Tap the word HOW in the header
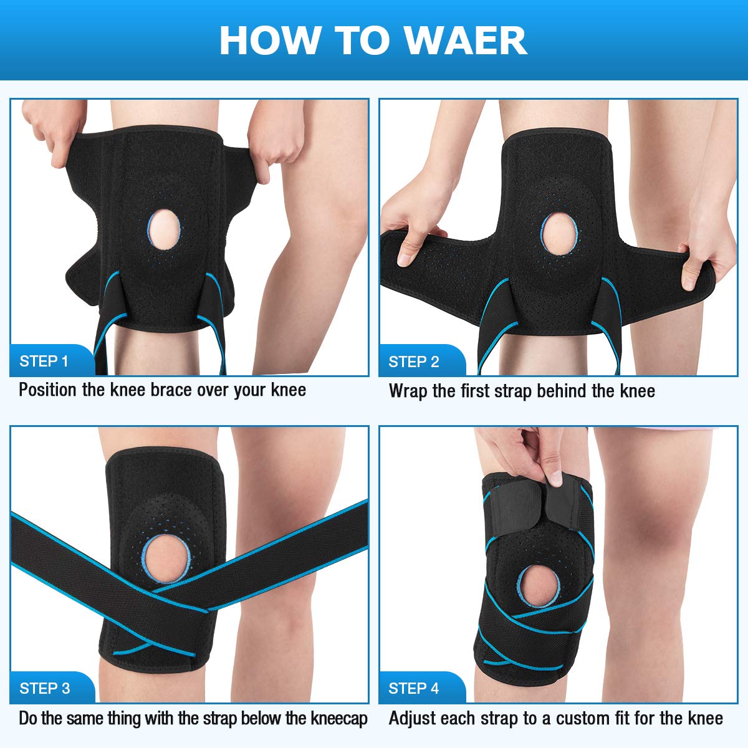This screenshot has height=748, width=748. click(x=269, y=41)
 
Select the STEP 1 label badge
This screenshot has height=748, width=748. click(x=52, y=360)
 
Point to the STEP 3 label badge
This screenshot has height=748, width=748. click(x=52, y=688)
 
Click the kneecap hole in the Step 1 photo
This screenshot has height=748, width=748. click(x=164, y=229)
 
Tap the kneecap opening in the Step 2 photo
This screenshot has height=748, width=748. click(x=559, y=234)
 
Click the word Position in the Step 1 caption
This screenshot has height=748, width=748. click(x=48, y=390)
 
